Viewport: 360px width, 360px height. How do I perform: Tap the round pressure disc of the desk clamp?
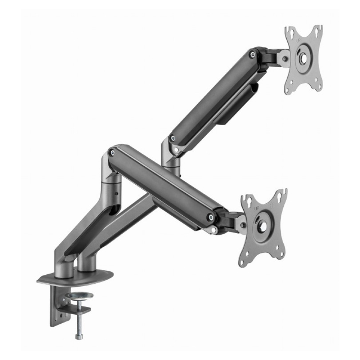(x=79, y=296)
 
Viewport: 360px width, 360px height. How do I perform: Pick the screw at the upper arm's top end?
(x=253, y=54)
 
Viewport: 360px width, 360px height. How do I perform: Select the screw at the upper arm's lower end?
(x=173, y=138)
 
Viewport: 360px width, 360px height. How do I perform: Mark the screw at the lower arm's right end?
(x=210, y=217)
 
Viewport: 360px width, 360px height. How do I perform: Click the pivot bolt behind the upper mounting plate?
(x=284, y=58)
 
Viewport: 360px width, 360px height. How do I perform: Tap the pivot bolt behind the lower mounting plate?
(x=243, y=226)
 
